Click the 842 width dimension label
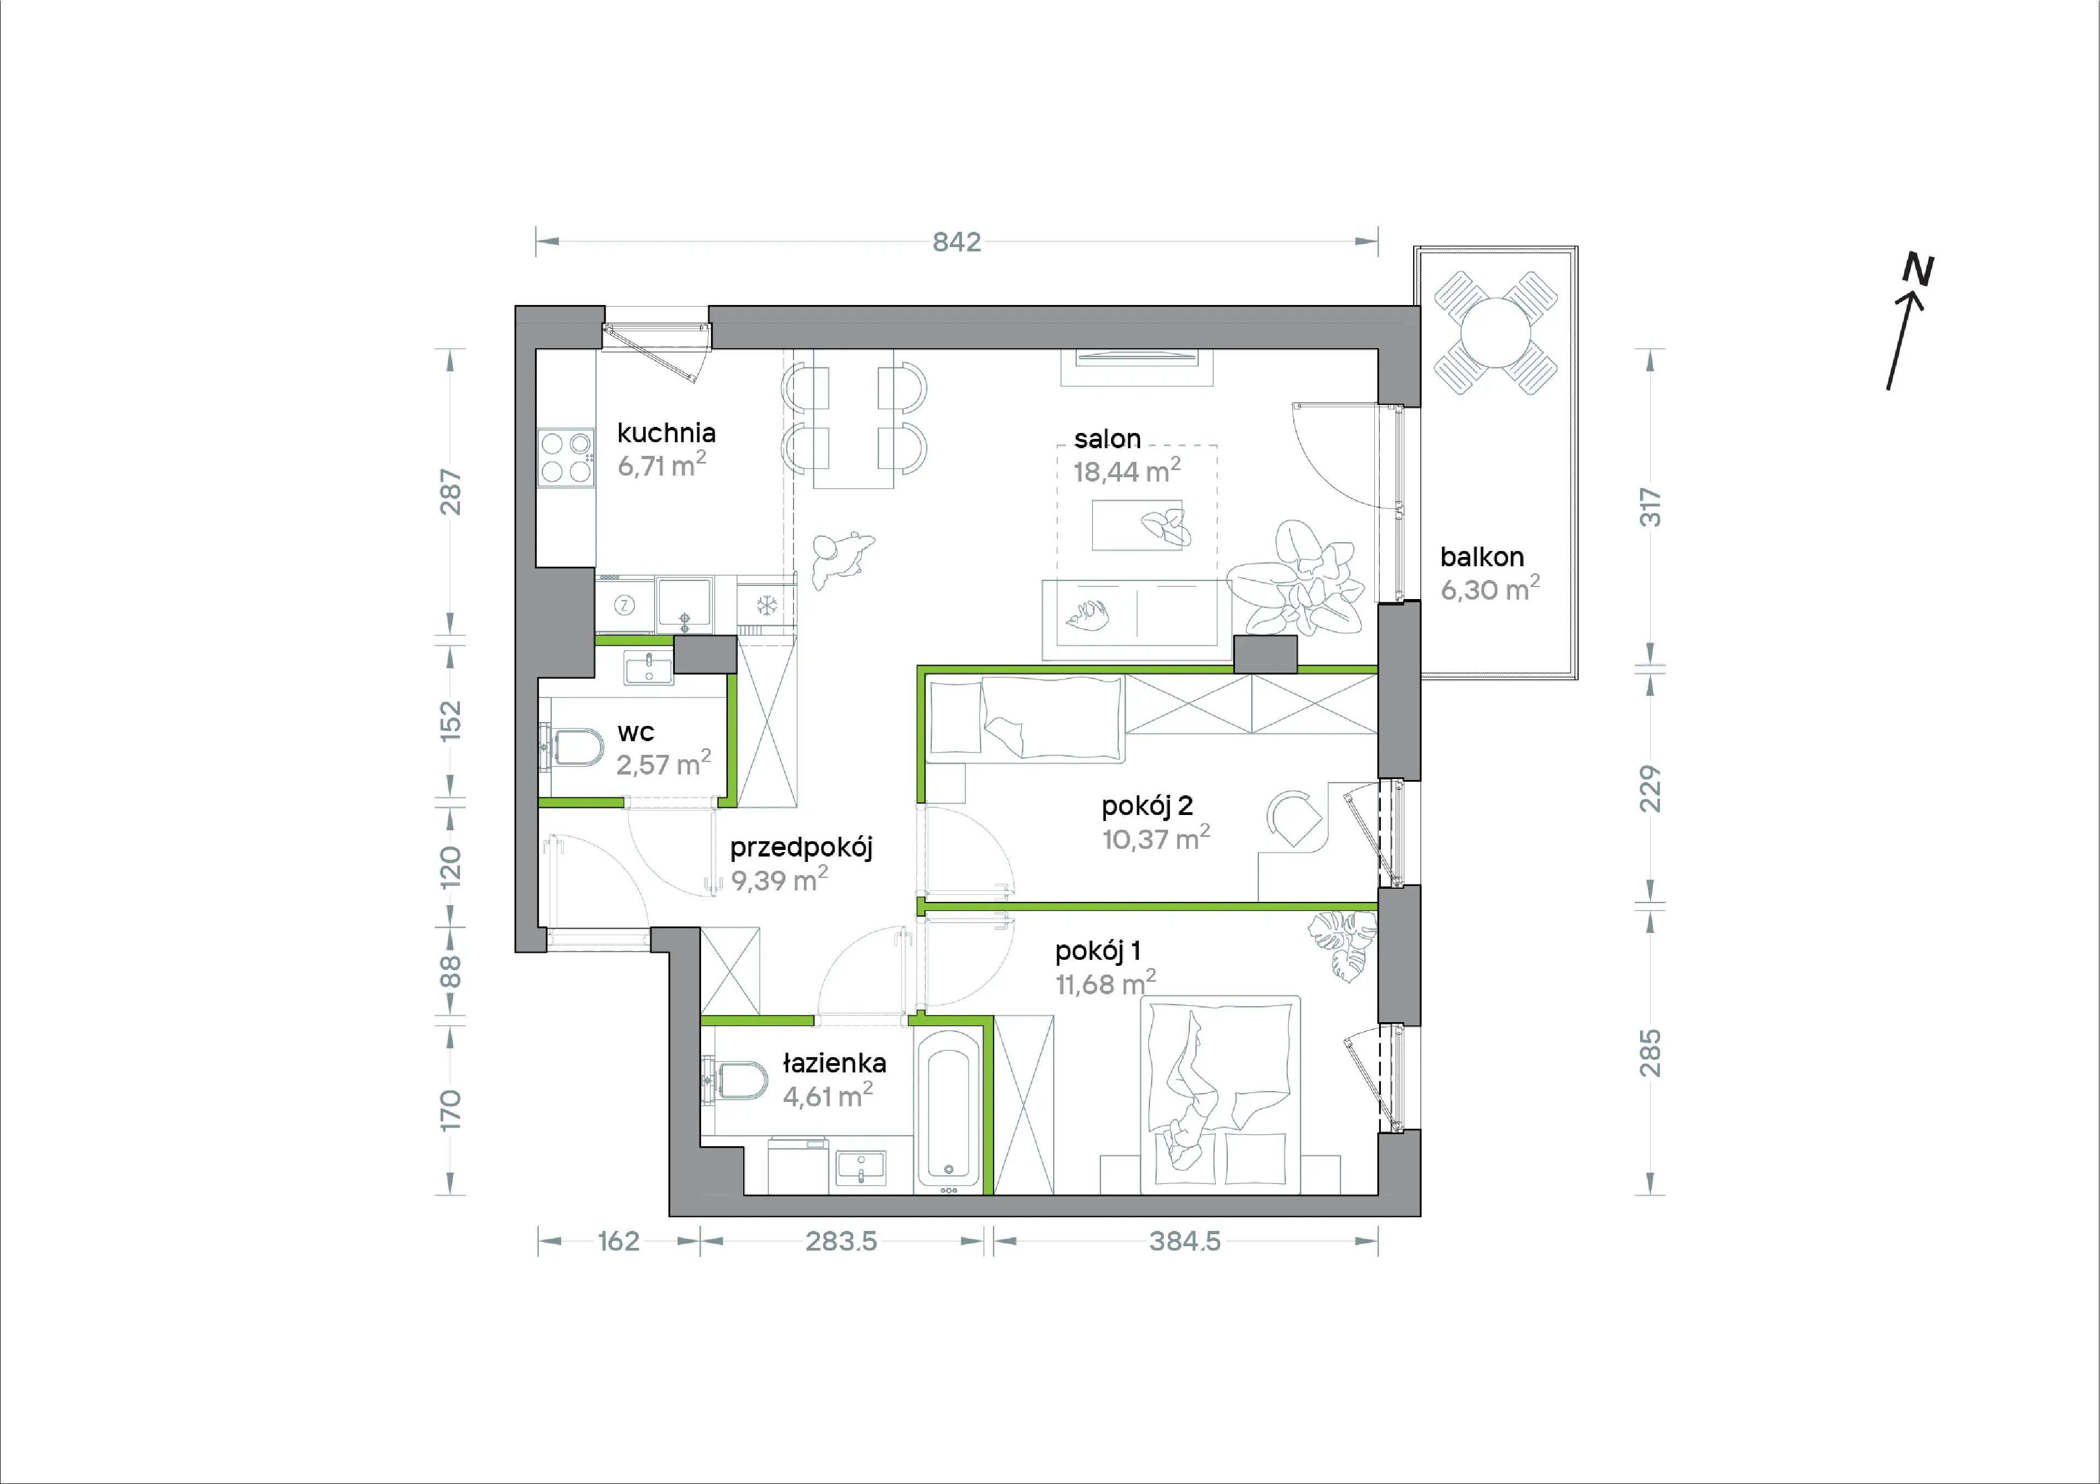tap(956, 242)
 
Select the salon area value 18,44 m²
tap(1127, 471)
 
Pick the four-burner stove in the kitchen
tap(565, 457)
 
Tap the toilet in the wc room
tap(571, 747)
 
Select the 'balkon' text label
tap(1481, 557)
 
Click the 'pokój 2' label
tap(1147, 806)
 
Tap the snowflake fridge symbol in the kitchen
tap(767, 605)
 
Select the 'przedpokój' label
tap(801, 848)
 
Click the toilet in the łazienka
tap(736, 1080)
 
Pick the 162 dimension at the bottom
tap(619, 1242)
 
